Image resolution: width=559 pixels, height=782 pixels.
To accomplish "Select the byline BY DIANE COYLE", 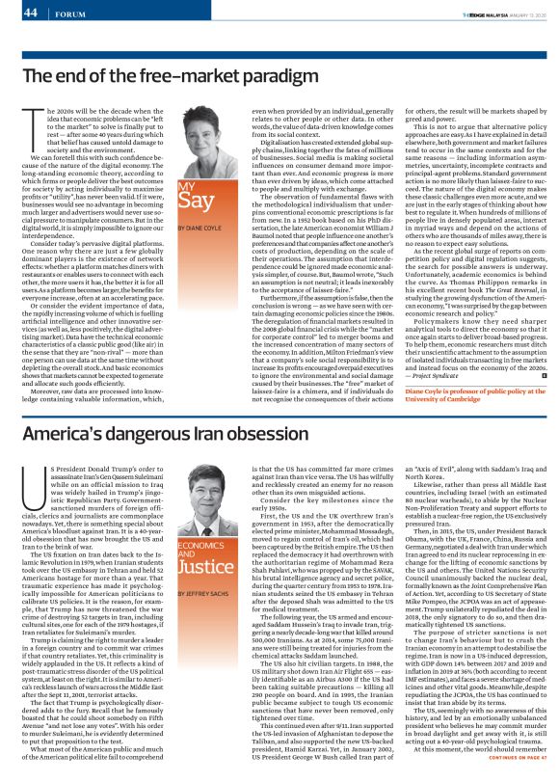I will (x=200, y=255).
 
